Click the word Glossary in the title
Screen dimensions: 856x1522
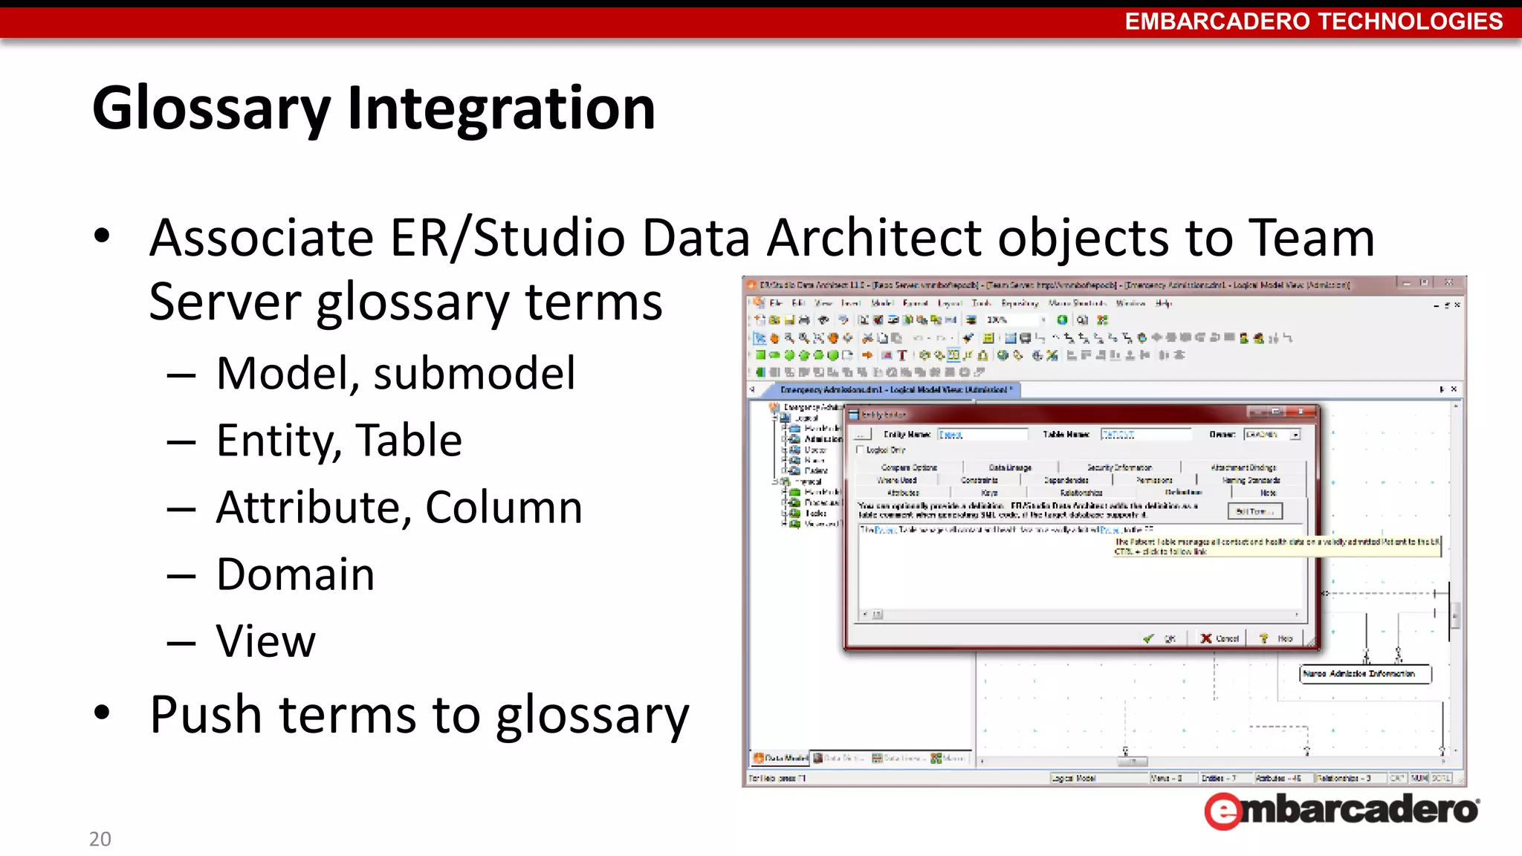[210, 109]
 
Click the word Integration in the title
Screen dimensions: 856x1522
[501, 109]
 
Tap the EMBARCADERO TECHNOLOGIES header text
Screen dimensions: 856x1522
[1313, 22]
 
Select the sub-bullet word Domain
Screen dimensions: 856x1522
[295, 574]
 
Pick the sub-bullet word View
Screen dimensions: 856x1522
[266, 641]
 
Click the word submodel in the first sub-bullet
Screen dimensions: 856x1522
[474, 373]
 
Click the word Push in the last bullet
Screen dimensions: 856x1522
[206, 715]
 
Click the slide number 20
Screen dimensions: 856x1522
[100, 839]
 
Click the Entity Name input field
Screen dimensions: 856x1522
[982, 435]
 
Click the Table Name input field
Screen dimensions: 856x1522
[1145, 435]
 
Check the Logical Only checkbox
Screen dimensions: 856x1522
[861, 450]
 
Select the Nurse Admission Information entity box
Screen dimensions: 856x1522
[1364, 674]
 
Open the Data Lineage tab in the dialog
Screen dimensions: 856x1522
[1009, 467]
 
